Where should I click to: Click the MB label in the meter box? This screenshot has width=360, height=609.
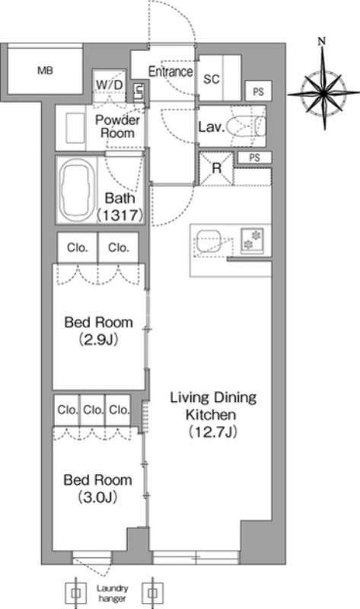tap(45, 71)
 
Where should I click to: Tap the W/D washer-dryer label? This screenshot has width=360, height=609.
tap(109, 84)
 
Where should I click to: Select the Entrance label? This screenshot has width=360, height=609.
tap(170, 72)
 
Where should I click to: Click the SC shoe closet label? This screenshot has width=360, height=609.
tap(212, 79)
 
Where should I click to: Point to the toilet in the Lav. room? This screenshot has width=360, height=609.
tap(247, 126)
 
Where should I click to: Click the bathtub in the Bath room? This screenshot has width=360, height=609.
tap(76, 190)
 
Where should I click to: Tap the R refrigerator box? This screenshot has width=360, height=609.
tap(216, 169)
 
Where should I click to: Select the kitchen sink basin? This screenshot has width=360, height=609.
tap(209, 241)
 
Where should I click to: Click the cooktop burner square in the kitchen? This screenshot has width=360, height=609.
tap(252, 241)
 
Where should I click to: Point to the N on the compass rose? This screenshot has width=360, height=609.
tap(321, 41)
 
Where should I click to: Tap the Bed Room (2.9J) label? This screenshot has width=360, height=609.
tap(98, 330)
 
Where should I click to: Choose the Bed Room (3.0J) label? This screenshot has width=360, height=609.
tap(98, 488)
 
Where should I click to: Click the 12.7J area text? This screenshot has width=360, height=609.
tap(213, 432)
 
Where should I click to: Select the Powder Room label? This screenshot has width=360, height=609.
tap(117, 126)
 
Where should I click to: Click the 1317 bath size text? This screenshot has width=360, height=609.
tap(119, 215)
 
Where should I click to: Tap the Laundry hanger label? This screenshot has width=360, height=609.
tap(113, 593)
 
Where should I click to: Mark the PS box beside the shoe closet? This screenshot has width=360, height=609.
tap(258, 91)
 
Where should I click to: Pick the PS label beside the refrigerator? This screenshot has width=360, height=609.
tap(254, 158)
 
